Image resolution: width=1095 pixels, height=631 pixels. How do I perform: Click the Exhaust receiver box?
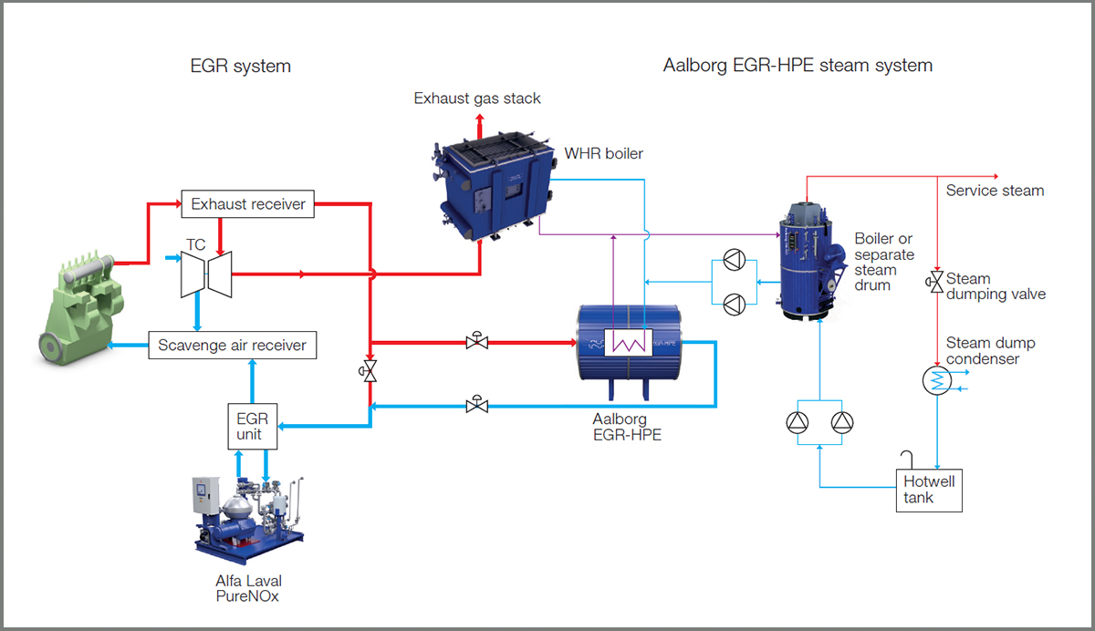(248, 204)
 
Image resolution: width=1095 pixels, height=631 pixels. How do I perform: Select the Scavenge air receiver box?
(233, 346)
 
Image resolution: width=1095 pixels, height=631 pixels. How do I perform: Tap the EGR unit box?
(251, 426)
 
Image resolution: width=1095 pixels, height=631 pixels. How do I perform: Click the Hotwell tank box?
(929, 489)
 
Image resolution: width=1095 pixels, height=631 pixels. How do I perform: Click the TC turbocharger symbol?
(203, 273)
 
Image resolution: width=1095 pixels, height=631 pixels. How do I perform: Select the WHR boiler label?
(603, 154)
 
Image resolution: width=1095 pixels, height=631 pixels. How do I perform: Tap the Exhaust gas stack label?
(477, 98)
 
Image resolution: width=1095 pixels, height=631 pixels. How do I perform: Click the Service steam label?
(995, 191)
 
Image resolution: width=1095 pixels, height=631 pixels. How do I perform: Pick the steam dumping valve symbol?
(936, 283)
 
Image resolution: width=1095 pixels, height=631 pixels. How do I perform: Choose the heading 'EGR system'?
(240, 66)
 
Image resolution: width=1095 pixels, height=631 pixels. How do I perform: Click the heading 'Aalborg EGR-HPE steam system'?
(798, 66)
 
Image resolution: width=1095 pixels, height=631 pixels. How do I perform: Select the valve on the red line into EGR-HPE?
(475, 342)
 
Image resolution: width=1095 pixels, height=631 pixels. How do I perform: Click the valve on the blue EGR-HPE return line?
(475, 405)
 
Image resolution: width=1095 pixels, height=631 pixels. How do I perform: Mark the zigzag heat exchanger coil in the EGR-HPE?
(628, 342)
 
